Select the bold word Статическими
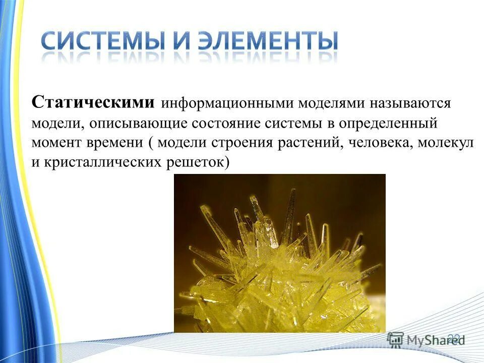(x=93, y=102)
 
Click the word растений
(x=304, y=143)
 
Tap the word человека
(x=375, y=143)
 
